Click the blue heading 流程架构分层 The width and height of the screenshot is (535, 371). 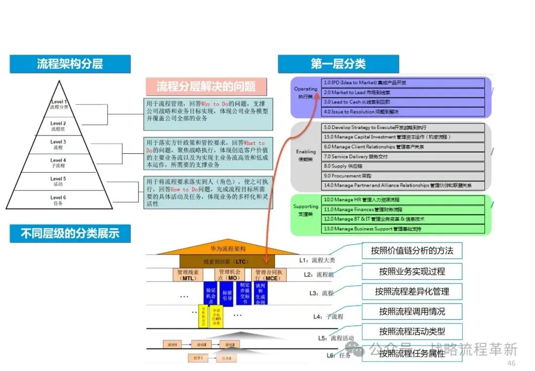tap(70, 64)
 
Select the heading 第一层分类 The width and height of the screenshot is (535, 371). tap(338, 63)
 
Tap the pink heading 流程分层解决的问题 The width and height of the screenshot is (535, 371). tap(206, 86)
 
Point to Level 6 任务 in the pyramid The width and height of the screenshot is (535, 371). tap(58, 200)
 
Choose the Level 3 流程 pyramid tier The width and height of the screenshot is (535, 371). tap(58, 144)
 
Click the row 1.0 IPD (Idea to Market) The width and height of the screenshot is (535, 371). tap(403, 83)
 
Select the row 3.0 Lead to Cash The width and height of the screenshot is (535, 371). tap(403, 102)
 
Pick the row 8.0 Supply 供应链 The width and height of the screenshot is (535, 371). tap(403, 166)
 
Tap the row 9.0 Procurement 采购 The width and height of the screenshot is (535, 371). tap(403, 176)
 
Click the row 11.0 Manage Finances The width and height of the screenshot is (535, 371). tap(403, 209)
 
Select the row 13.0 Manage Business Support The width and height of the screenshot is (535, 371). tap(403, 229)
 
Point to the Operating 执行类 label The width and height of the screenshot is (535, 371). tap(306, 93)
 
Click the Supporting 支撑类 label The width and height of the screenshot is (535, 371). tap(306, 210)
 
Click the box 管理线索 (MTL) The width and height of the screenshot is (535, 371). tap(187, 275)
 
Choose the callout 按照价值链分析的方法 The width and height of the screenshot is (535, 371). tap(412, 250)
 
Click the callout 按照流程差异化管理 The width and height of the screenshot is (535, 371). tap(412, 291)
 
